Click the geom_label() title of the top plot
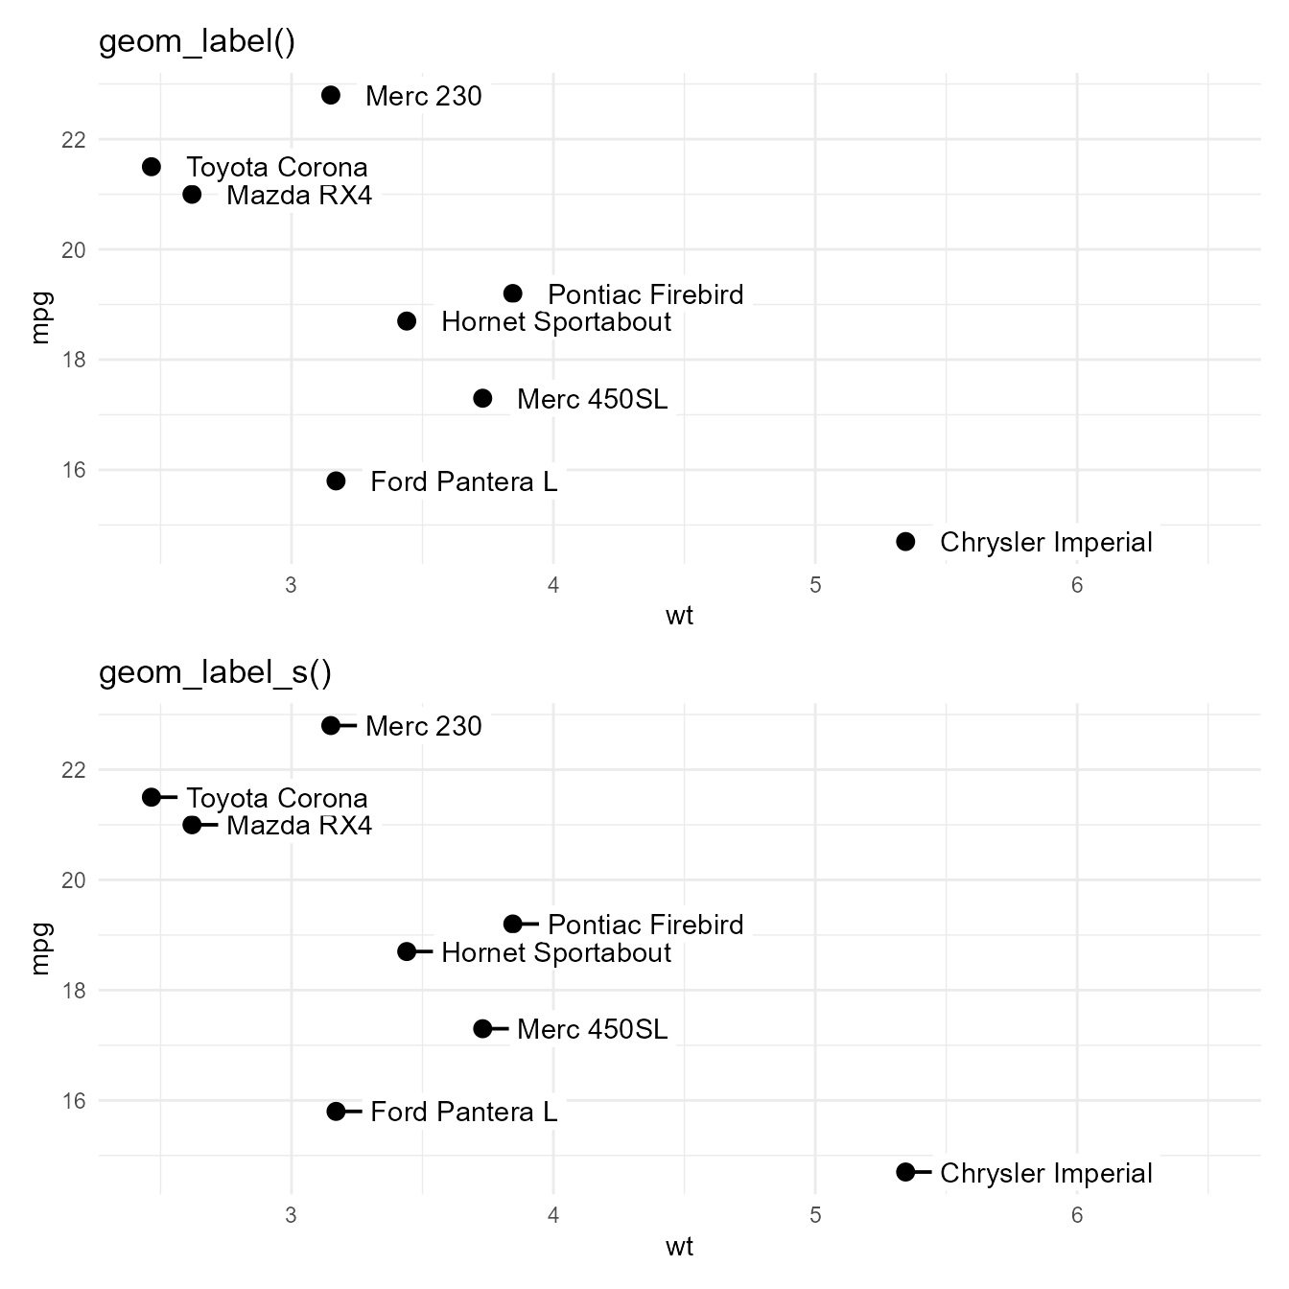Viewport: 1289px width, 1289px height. tap(197, 43)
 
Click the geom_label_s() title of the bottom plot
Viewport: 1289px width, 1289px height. tap(215, 673)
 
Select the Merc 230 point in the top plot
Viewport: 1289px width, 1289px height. tap(331, 95)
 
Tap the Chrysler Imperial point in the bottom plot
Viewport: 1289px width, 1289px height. tap(905, 1172)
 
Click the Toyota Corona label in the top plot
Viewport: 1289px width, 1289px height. tap(277, 168)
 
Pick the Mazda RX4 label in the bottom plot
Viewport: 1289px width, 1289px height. tap(299, 826)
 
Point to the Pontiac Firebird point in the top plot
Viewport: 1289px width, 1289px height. tap(513, 293)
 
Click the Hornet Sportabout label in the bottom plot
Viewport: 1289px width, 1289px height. tap(556, 953)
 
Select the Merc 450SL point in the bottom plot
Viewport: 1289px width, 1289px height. tap(482, 1029)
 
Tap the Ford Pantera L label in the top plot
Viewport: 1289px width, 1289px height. tap(463, 481)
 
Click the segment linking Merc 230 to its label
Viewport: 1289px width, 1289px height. tap(347, 726)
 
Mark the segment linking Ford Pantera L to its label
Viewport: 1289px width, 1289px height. tap(352, 1112)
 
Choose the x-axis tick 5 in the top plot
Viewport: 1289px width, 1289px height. tap(815, 586)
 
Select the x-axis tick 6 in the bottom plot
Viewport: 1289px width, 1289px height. tap(1077, 1216)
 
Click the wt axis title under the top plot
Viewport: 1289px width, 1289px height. tap(679, 616)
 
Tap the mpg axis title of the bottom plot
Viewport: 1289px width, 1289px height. tap(39, 949)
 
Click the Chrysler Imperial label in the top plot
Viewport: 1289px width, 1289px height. tap(1045, 543)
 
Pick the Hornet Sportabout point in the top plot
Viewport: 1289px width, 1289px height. tap(407, 321)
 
